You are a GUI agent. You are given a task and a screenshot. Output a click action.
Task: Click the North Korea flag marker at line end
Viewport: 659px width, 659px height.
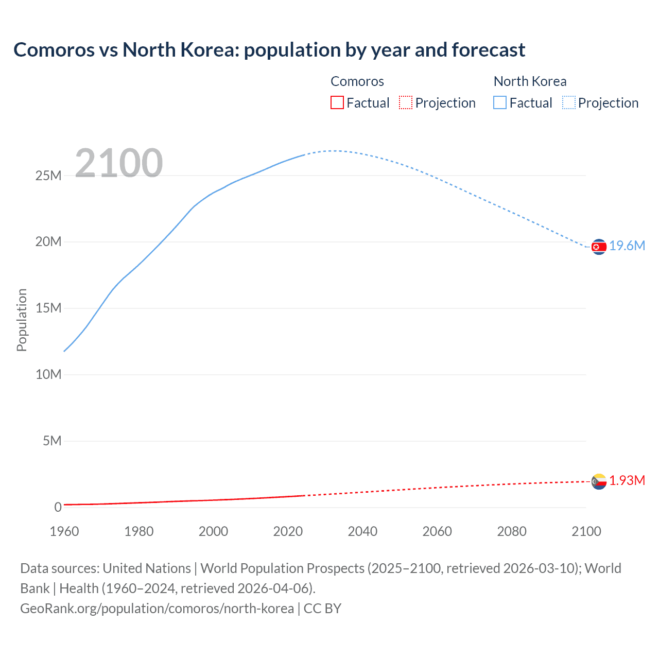[599, 247]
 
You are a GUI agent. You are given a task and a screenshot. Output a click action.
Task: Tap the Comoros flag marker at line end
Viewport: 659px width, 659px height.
[599, 481]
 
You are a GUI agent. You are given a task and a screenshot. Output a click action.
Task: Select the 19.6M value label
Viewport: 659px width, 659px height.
[627, 246]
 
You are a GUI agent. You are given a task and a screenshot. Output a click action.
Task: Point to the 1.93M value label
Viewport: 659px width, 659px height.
[627, 481]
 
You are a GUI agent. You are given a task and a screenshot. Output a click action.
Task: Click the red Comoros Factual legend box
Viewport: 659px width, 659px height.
[337, 103]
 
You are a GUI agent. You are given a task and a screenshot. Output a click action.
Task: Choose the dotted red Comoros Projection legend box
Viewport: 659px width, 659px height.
[406, 103]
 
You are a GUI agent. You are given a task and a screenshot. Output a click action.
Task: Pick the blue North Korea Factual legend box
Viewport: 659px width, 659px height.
[500, 103]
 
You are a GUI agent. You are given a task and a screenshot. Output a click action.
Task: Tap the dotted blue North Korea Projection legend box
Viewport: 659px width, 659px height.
[569, 103]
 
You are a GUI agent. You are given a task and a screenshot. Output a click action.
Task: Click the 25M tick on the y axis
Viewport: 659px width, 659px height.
[48, 176]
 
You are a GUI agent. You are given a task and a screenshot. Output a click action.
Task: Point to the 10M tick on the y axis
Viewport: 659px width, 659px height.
[48, 375]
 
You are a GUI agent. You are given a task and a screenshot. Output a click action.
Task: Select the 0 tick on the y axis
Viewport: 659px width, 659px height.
[58, 508]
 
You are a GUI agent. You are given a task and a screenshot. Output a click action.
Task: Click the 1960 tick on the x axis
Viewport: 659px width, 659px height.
[64, 531]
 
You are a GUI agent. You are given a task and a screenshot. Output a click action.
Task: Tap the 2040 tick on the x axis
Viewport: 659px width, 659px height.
[362, 531]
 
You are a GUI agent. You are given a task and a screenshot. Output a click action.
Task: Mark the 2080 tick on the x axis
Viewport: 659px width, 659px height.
[512, 531]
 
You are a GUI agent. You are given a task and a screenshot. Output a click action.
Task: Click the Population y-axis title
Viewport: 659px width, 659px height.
[22, 320]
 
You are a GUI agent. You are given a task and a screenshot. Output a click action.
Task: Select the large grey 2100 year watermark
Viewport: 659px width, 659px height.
[119, 164]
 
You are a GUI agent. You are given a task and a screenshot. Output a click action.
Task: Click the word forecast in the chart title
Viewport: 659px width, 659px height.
[488, 50]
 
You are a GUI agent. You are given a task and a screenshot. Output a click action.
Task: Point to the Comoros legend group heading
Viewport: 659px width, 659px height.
[357, 81]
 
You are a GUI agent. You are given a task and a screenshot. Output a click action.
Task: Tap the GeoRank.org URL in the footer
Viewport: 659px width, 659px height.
[157, 609]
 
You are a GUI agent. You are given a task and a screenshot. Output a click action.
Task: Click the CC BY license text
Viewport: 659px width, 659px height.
[323, 609]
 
